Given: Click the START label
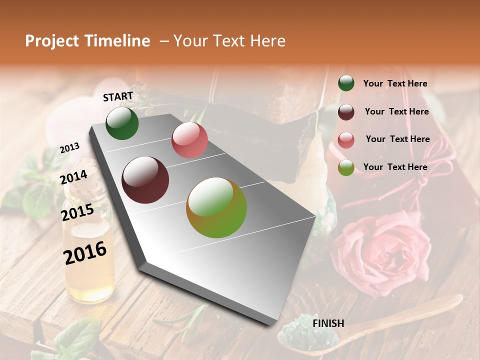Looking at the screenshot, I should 118,96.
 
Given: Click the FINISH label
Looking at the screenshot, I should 328,323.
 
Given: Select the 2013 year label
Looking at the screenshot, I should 69,148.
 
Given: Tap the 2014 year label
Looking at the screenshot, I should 74,177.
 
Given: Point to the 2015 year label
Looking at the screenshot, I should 77,212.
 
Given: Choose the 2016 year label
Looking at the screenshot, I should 85,253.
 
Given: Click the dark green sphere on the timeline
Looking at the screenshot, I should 122,123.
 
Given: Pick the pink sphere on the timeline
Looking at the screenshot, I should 189,139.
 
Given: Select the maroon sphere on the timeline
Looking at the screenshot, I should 145,180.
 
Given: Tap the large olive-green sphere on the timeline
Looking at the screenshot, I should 216,207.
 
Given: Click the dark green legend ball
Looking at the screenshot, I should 346,83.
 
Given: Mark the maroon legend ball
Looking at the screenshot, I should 346,112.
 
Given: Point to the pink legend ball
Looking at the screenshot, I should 346,140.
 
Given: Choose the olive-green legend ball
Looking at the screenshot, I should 346,167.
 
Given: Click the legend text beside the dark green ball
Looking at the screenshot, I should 395,84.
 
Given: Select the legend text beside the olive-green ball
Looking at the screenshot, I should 395,167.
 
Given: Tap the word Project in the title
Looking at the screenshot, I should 52,41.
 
